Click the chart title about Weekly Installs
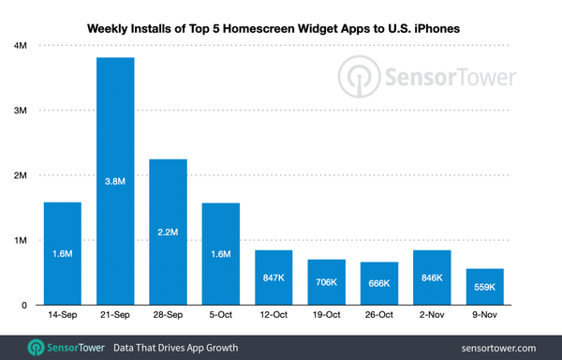pos(281,13)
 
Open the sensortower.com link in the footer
pos(503,347)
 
